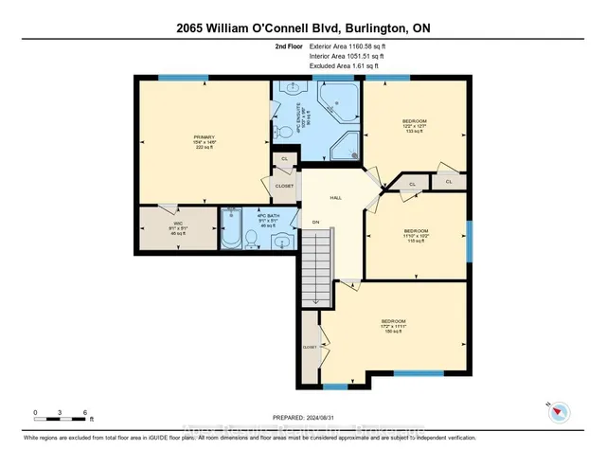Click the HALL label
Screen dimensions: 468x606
point(334,198)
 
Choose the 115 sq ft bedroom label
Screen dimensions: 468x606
point(417,235)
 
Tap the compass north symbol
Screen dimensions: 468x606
point(559,411)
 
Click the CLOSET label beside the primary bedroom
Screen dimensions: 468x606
point(285,186)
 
